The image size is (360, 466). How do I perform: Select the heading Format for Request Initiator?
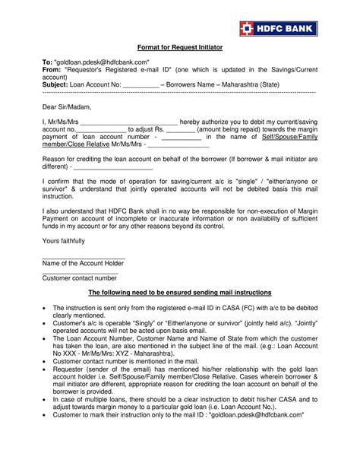coord(179,46)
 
